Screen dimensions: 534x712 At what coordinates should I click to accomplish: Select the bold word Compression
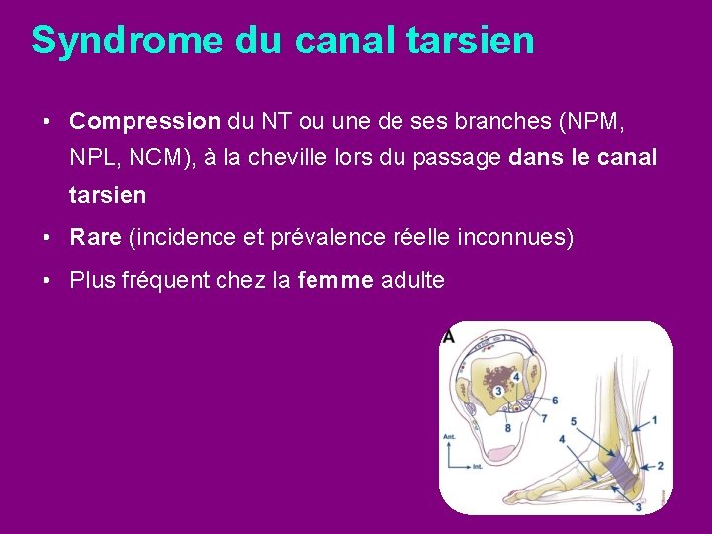click(145, 122)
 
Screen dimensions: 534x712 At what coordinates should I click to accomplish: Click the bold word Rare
click(95, 238)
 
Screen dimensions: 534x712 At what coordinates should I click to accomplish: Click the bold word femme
click(335, 281)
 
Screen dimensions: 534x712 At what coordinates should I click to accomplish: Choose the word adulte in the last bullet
click(412, 281)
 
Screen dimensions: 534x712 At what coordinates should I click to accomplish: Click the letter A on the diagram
click(448, 336)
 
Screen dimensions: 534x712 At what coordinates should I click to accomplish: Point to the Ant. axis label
click(449, 433)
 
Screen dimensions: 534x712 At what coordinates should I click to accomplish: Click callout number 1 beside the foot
click(653, 420)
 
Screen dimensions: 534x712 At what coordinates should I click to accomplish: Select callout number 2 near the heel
click(660, 465)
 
